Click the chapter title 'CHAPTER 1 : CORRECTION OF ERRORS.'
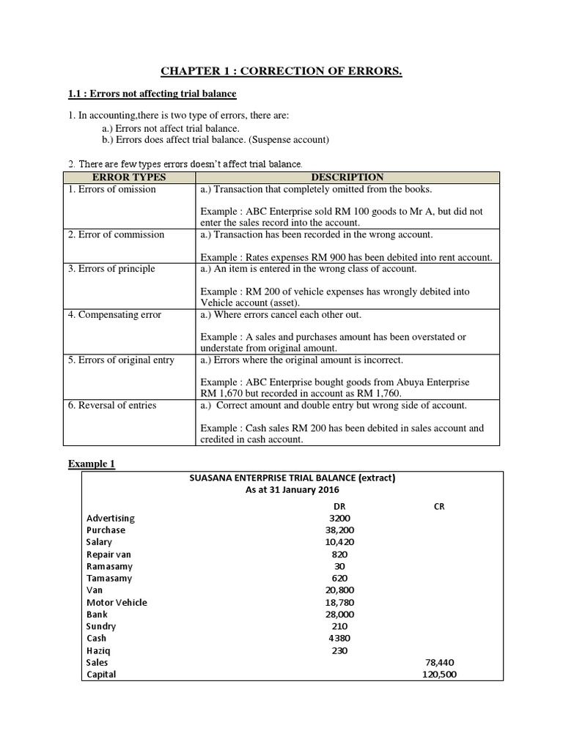pos(281,71)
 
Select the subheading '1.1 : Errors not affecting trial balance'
pos(152,94)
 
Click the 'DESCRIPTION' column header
pos(347,177)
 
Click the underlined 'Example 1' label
pos(92,464)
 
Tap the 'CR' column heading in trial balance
pos(439,505)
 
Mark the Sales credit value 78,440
pos(439,662)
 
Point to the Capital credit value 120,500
pos(439,675)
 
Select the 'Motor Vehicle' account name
pos(117,602)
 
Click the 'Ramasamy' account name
pos(109,566)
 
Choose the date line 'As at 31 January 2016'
pos(292,490)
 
